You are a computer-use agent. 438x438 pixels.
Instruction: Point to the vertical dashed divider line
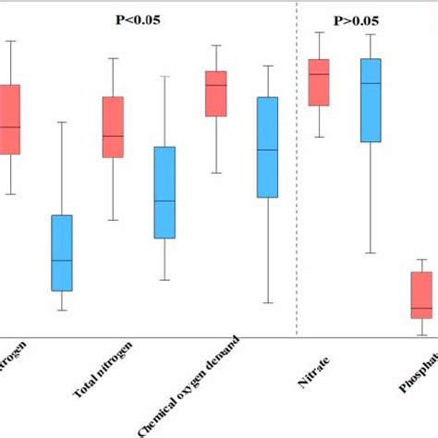pyautogui.click(x=297, y=185)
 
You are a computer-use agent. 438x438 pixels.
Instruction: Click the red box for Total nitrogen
pyautogui.click(x=113, y=127)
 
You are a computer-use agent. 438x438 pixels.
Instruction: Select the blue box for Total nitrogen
pyautogui.click(x=164, y=192)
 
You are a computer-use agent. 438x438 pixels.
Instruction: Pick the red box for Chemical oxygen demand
pyautogui.click(x=215, y=93)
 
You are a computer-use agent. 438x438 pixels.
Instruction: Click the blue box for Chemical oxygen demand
pyautogui.click(x=267, y=147)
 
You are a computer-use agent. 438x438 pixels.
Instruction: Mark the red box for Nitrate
pyautogui.click(x=319, y=82)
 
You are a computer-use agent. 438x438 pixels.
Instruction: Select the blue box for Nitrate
pyautogui.click(x=371, y=100)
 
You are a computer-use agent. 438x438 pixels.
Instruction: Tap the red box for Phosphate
pyautogui.click(x=421, y=295)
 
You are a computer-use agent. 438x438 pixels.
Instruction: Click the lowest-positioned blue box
pyautogui.click(x=62, y=252)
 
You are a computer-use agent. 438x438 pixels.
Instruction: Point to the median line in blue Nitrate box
pyautogui.click(x=371, y=84)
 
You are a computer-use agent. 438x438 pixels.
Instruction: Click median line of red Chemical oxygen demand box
pyautogui.click(x=215, y=86)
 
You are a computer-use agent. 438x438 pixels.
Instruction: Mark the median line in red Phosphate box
pyautogui.click(x=421, y=308)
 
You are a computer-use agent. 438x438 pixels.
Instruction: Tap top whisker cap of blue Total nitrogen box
pyautogui.click(x=164, y=76)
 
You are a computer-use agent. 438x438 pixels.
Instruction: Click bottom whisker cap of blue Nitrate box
pyautogui.click(x=371, y=252)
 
